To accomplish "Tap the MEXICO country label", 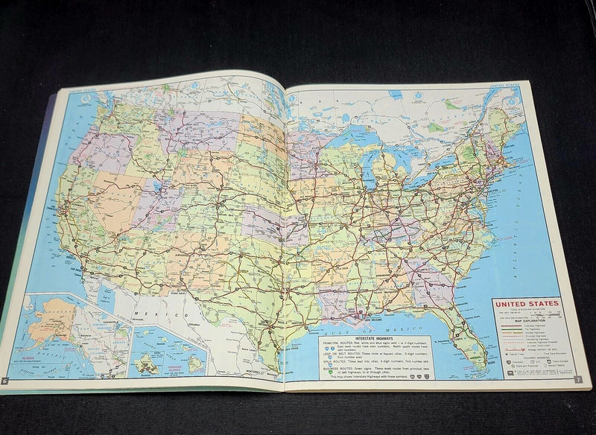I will coord(173,308).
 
